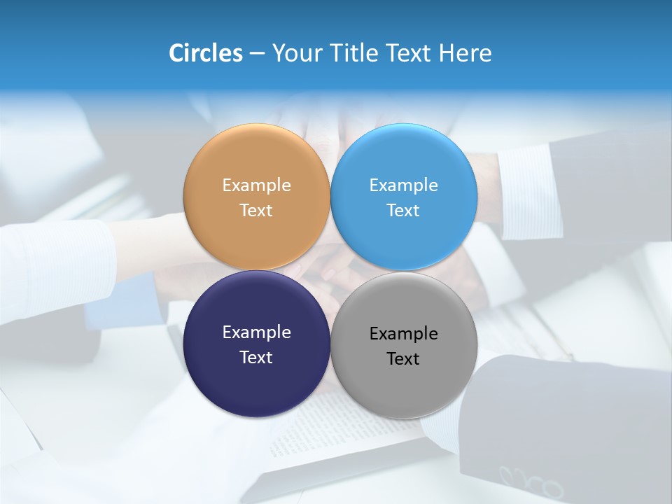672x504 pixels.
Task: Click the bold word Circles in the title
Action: pyautogui.click(x=205, y=53)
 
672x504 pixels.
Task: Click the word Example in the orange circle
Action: pyautogui.click(x=256, y=185)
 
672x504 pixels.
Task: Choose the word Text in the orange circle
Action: pyautogui.click(x=256, y=211)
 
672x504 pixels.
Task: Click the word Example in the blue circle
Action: pyautogui.click(x=403, y=185)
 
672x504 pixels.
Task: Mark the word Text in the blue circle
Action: pyautogui.click(x=403, y=211)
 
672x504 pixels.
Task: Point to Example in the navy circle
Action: pyautogui.click(x=256, y=332)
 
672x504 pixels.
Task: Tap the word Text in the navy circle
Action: pyautogui.click(x=256, y=358)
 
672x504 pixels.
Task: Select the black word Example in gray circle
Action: pyautogui.click(x=403, y=334)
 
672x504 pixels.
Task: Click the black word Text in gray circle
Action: pyautogui.click(x=403, y=359)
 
